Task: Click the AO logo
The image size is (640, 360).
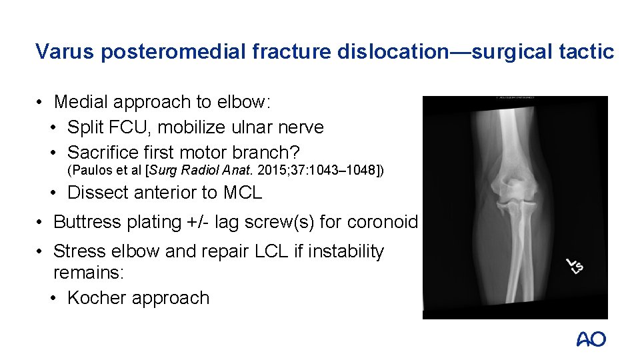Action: pyautogui.click(x=591, y=339)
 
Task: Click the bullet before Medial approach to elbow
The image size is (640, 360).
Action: pyautogui.click(x=41, y=102)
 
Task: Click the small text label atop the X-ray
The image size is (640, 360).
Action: pyautogui.click(x=515, y=99)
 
